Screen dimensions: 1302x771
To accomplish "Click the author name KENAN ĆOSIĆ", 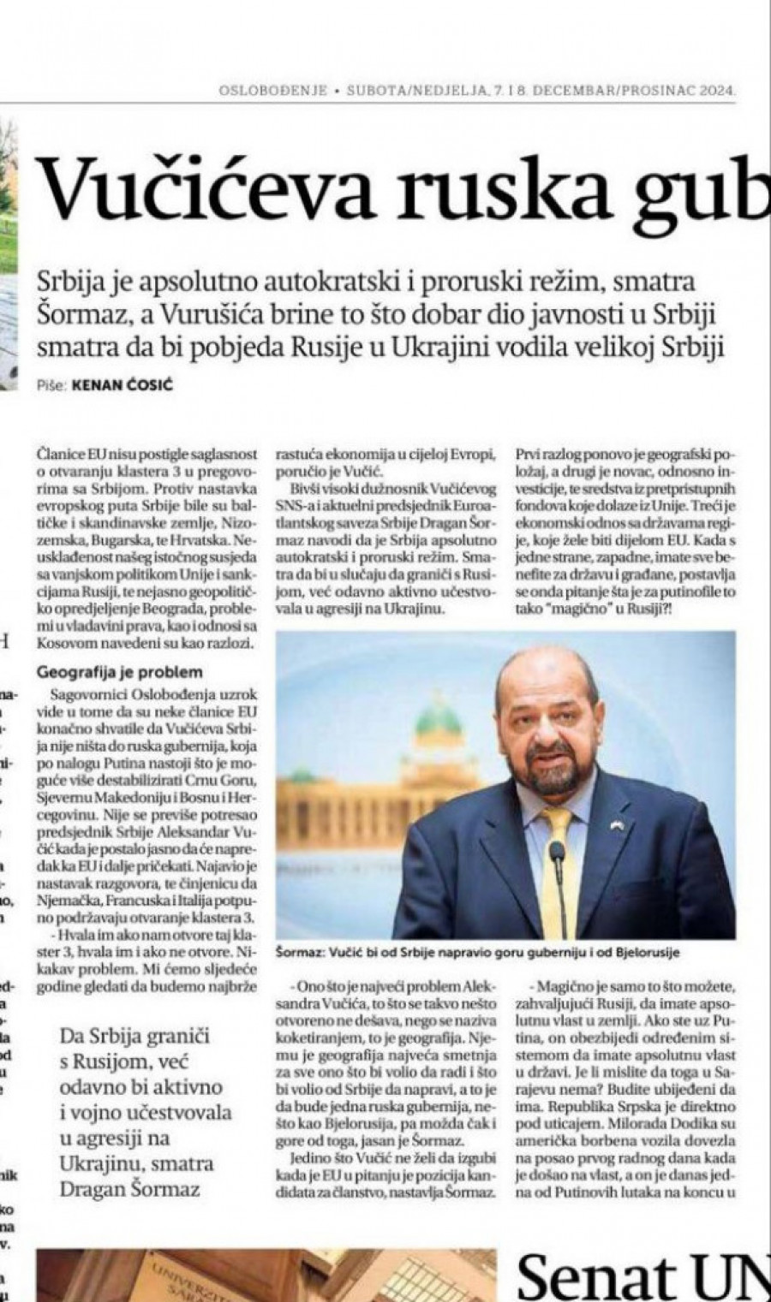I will [x=123, y=386].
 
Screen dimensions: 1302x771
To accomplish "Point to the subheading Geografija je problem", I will [x=120, y=672].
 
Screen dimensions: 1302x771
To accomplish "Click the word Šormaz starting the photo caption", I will [x=302, y=950].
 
